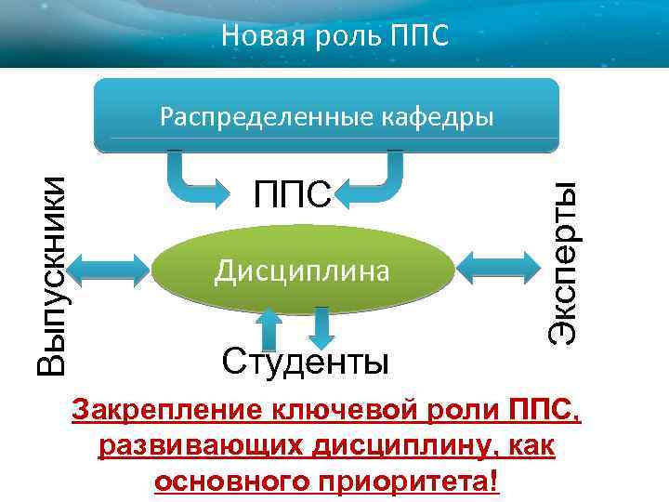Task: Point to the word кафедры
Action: pos(437,117)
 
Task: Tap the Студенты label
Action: pos(305,359)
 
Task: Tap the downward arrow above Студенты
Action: pos(321,326)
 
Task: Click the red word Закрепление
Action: pos(166,410)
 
